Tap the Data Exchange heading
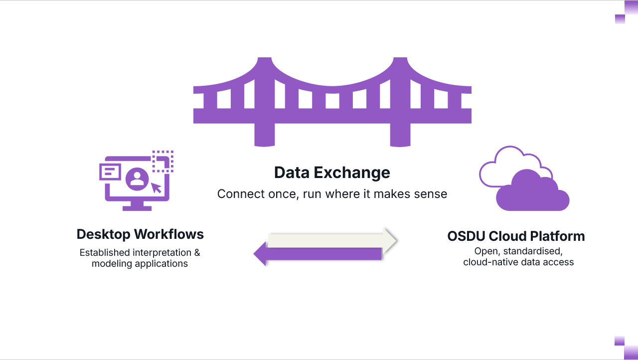click(x=332, y=173)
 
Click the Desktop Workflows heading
click(x=140, y=234)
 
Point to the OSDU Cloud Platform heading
click(x=516, y=236)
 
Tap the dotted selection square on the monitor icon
click(x=162, y=162)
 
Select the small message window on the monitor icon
click(x=111, y=172)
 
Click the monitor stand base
click(x=137, y=207)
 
